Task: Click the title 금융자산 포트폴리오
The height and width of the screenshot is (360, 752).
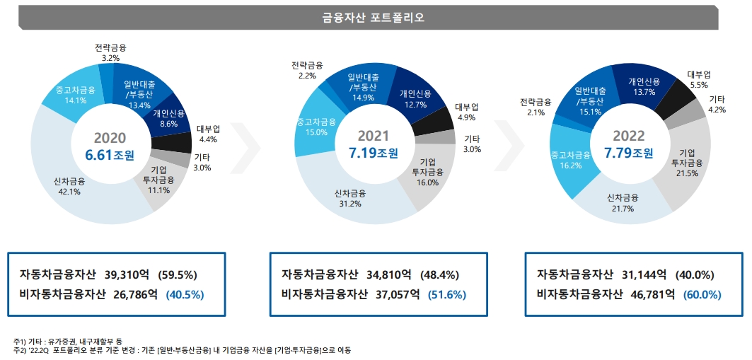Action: click(373, 18)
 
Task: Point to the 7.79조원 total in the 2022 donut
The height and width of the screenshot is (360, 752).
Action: click(628, 153)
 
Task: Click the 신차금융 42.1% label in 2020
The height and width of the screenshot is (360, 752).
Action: click(69, 186)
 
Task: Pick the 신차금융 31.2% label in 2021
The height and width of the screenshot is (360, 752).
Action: click(349, 198)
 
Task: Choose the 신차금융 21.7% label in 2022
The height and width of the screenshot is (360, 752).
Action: click(623, 203)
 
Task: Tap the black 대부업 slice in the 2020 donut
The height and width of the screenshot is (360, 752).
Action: click(177, 141)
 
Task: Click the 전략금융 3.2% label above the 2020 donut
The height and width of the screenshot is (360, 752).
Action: click(110, 53)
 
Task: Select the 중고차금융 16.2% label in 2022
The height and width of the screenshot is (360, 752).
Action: click(570, 161)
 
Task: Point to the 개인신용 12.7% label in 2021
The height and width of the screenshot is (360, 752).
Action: click(416, 99)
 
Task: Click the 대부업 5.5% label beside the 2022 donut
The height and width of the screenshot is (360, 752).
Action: click(698, 79)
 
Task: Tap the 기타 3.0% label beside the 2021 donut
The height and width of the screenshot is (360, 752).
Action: click(472, 144)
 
